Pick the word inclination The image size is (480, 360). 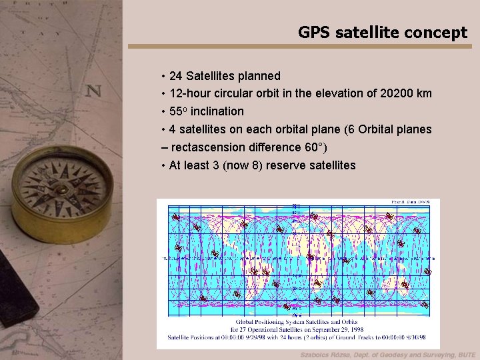point(217,111)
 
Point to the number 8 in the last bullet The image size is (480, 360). point(257,165)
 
